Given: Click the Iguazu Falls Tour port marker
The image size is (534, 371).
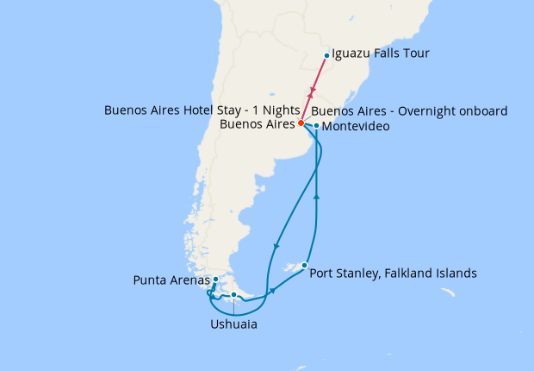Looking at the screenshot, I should click(x=326, y=56).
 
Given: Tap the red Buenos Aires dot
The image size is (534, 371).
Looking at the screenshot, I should click(x=301, y=123).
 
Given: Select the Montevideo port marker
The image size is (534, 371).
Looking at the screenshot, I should click(x=317, y=126).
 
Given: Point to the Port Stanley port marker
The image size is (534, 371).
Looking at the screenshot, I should click(x=304, y=265).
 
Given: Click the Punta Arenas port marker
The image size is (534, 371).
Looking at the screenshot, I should click(x=215, y=280).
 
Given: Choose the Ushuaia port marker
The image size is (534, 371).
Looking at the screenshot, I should click(x=233, y=296).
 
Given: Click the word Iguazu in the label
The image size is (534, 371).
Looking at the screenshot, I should click(x=353, y=54).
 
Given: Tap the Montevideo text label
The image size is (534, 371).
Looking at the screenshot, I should click(x=357, y=127).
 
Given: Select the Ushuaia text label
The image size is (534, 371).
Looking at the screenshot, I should click(x=233, y=324).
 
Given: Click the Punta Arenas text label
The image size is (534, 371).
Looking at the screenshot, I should click(x=172, y=280).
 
